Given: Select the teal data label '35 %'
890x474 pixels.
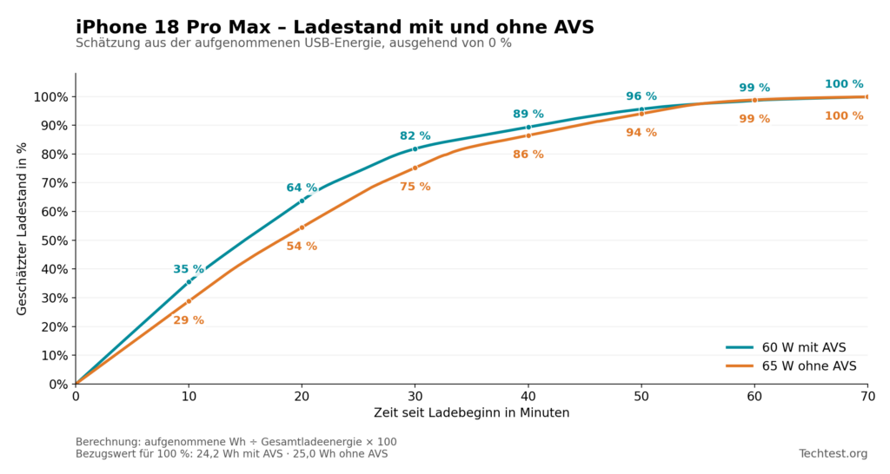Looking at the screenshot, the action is point(189,269).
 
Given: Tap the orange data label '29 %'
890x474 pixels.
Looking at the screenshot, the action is point(189,320).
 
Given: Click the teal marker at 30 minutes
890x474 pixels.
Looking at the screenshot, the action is point(415,149).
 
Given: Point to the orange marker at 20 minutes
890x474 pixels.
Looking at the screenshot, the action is point(302,227).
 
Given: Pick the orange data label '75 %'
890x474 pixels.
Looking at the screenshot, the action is point(415,187).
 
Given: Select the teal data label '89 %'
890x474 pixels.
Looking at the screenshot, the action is point(528,114).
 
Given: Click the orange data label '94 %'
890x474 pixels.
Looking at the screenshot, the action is point(641,133).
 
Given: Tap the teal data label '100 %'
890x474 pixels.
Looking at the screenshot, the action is point(844,84).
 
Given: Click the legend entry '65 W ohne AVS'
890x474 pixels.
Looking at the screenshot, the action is point(791,366).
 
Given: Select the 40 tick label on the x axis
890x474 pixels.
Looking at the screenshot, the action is point(528,397).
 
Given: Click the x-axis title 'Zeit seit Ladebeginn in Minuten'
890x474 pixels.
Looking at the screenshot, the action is point(471,412).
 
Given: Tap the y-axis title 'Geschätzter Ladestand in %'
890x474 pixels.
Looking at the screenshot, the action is point(22,228).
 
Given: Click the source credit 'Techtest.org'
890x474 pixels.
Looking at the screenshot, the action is point(834,453).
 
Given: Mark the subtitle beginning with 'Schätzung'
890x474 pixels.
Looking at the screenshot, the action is point(294,43).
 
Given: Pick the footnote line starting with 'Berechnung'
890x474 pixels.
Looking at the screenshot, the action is point(236,442).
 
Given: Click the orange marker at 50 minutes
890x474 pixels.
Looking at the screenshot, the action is point(641,114).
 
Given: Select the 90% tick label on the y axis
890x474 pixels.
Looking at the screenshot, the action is point(51,125).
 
